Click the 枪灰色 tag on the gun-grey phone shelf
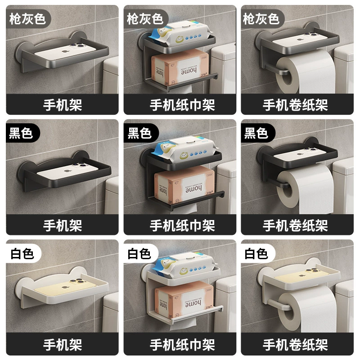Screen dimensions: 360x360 click(x=27, y=19)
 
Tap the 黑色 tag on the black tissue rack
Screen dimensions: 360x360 click(x=139, y=133)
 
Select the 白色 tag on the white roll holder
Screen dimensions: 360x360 click(x=256, y=254)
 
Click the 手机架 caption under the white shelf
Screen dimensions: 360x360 click(x=63, y=345)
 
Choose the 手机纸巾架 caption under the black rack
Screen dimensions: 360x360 click(x=182, y=225)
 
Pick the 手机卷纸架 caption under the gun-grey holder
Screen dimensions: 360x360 click(x=295, y=105)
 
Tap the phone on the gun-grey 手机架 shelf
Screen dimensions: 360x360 click(x=65, y=51)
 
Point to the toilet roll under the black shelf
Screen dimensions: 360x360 click(x=306, y=188)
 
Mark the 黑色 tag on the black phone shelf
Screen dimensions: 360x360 click(x=21, y=133)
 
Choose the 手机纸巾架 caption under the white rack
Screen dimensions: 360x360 click(x=182, y=345)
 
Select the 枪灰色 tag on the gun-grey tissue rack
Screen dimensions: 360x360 click(x=145, y=19)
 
